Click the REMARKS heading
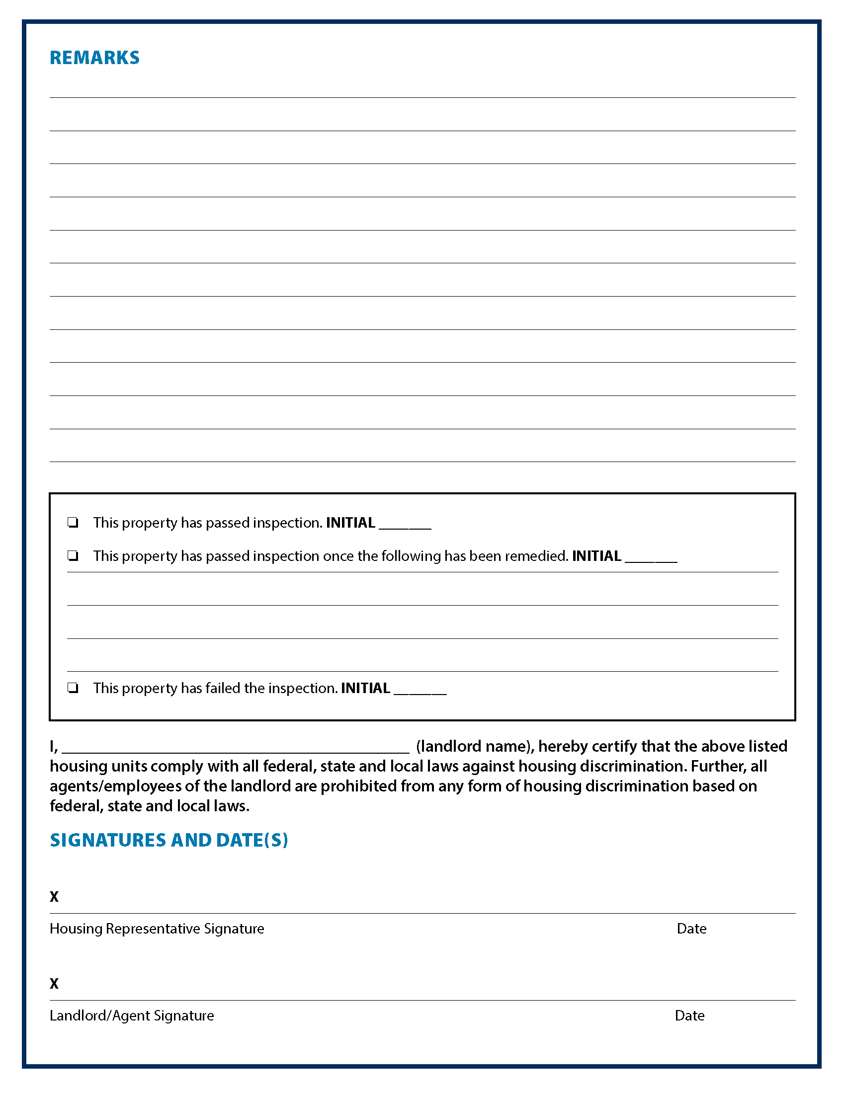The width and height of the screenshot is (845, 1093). click(x=94, y=58)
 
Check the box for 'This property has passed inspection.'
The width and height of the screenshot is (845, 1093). click(x=73, y=523)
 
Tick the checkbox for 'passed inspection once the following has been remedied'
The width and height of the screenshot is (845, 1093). click(x=73, y=556)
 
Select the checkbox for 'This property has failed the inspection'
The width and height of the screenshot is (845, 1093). click(x=73, y=688)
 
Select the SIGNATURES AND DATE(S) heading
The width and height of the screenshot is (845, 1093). click(x=169, y=840)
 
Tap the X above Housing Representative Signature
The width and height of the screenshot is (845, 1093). click(x=54, y=897)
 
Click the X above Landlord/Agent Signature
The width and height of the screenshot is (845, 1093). click(x=54, y=984)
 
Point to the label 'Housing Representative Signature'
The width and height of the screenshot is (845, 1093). click(x=157, y=929)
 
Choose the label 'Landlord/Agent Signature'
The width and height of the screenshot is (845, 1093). click(x=132, y=1016)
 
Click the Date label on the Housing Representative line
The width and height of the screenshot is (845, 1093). click(x=691, y=929)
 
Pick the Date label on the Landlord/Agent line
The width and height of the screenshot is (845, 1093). click(x=689, y=1016)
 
